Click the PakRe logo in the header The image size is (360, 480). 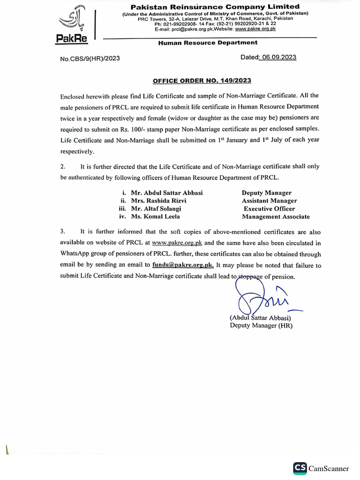click(72, 25)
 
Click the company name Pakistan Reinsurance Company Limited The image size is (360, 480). click(215, 7)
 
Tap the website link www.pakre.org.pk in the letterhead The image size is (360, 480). click(255, 29)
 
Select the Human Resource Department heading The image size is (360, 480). click(208, 42)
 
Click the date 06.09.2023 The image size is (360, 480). click(279, 57)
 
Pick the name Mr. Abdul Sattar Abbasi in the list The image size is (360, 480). click(167, 193)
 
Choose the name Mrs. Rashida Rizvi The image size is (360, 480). click(163, 201)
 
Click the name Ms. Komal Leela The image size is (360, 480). click(155, 217)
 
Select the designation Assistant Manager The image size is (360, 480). click(269, 201)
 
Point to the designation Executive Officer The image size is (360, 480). click(270, 209)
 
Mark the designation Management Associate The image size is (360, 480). click(276, 217)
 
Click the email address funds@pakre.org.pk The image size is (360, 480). click(183, 265)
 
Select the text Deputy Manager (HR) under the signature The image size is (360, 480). click(261, 325)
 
